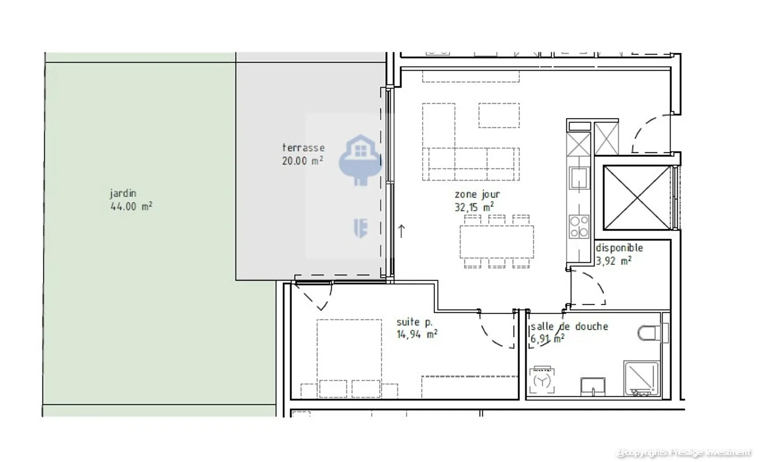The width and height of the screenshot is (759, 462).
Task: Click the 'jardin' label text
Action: point(123,193)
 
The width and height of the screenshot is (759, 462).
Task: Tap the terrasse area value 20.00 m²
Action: point(302,161)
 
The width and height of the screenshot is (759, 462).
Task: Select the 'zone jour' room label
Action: point(477,194)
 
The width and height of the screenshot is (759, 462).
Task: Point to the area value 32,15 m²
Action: point(474,207)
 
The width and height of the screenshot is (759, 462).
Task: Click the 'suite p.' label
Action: point(414,322)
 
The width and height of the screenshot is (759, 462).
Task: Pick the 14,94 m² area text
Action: point(416,335)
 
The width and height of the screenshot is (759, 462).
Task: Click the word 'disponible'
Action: point(619,248)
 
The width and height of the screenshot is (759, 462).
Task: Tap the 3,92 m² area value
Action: point(614,261)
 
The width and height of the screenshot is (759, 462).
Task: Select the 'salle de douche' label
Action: point(569,327)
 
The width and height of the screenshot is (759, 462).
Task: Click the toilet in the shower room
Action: point(651,333)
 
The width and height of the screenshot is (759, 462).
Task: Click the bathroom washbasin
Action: point(593,386)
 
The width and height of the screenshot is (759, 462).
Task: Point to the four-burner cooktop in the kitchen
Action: point(579,227)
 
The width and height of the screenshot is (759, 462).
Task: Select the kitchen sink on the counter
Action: point(579,178)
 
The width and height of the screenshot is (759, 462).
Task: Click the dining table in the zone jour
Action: point(497,242)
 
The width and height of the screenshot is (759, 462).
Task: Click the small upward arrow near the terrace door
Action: point(401,231)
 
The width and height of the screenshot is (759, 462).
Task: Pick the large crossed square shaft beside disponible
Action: point(637,198)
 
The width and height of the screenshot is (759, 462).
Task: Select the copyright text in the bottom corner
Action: point(684,453)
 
